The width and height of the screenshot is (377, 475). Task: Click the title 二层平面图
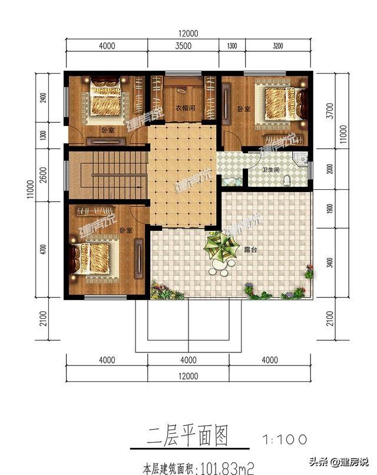(186, 437)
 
